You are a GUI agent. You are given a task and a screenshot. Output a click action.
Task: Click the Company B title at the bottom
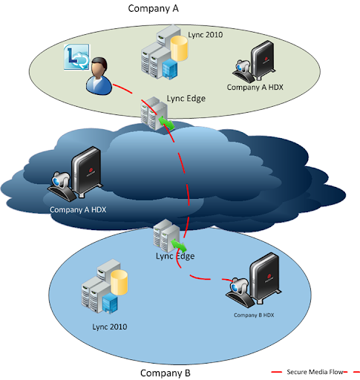point(165,372)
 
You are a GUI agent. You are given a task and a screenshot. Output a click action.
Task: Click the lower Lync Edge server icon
point(164,235)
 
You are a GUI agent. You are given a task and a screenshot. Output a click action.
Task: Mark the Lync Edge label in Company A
point(185,98)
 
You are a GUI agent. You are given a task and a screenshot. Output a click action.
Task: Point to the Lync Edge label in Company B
point(174,256)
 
